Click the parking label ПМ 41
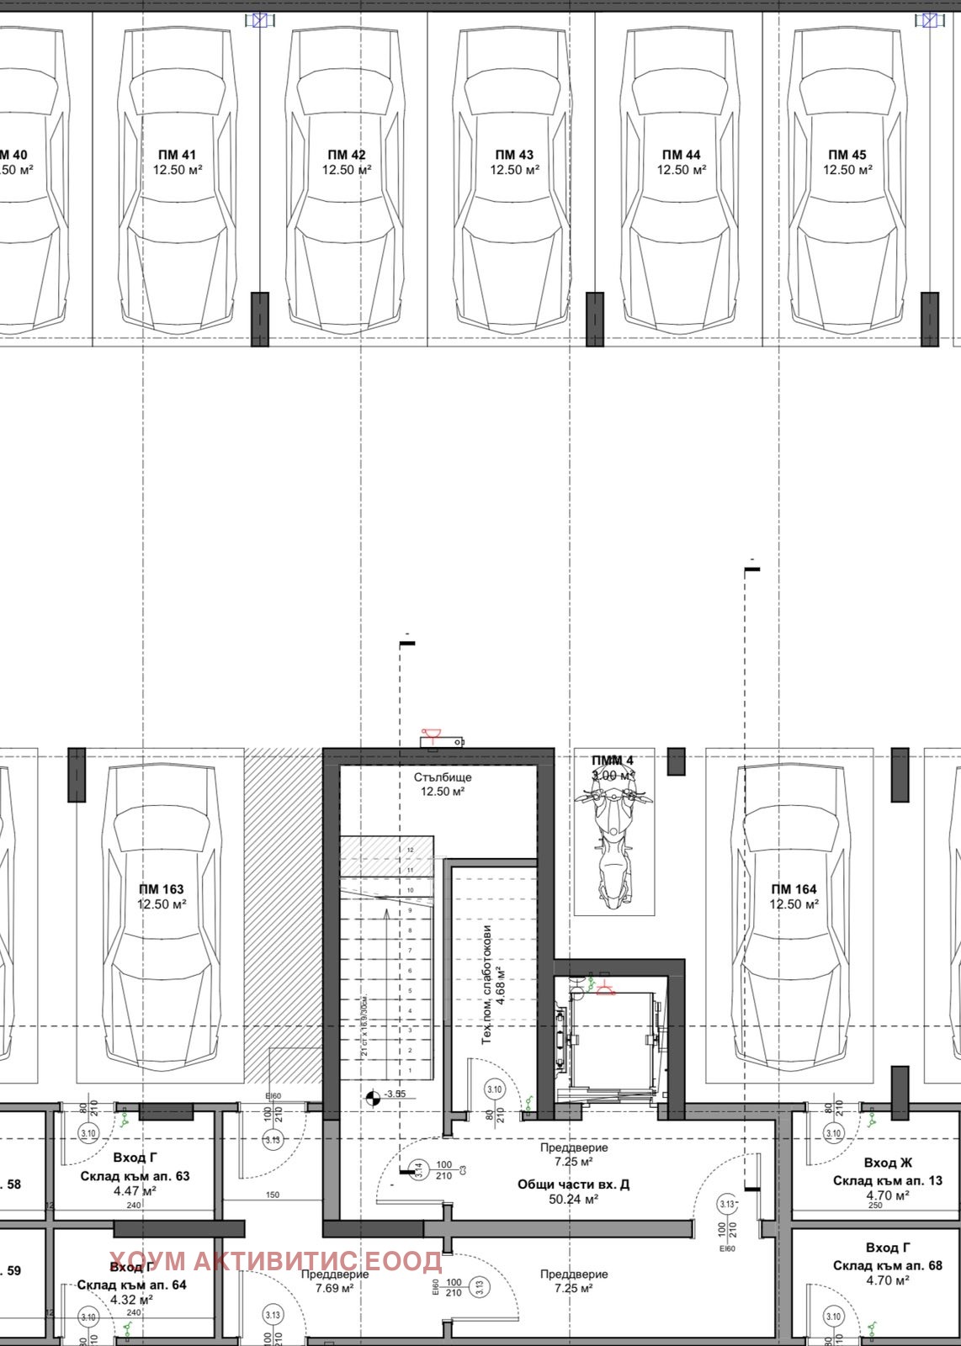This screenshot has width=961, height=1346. (177, 155)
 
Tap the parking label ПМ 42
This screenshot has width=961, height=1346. (347, 155)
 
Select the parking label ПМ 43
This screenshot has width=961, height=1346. (514, 155)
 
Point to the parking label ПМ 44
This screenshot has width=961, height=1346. (682, 155)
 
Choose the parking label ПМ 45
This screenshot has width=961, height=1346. (847, 155)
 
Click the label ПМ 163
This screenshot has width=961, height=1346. (162, 889)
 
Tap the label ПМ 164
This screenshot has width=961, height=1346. (794, 889)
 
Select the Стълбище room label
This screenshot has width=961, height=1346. (443, 777)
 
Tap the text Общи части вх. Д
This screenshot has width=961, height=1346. (573, 1184)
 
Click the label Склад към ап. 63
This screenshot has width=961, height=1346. (135, 1176)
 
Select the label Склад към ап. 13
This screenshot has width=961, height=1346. (888, 1180)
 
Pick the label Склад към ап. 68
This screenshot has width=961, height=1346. (888, 1265)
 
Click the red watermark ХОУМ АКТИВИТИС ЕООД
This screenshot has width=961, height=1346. (275, 1262)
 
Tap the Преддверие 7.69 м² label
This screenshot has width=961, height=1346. (335, 1281)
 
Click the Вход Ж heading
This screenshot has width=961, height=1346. (888, 1163)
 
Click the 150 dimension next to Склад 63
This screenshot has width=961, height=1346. (273, 1195)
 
